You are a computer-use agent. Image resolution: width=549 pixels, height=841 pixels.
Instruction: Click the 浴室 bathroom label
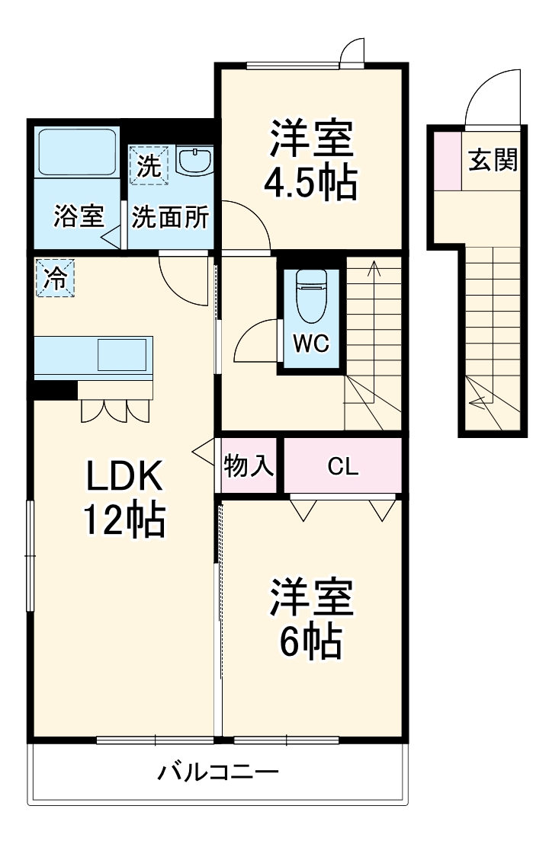pyautogui.click(x=78, y=217)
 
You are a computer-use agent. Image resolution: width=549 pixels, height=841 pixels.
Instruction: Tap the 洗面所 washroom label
pyautogui.click(x=171, y=217)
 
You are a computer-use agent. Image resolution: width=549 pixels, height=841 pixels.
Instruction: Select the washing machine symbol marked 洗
pyautogui.click(x=149, y=165)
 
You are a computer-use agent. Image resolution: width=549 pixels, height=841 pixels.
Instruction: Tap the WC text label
pyautogui.click(x=311, y=344)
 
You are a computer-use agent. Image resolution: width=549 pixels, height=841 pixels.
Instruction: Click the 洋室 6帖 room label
pyautogui.click(x=310, y=621)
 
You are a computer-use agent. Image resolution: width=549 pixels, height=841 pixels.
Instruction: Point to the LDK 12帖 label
pyautogui.click(x=124, y=499)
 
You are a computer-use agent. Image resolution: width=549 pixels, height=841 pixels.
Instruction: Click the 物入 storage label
pyautogui.click(x=249, y=466)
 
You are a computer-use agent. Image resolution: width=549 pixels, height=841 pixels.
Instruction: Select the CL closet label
pyautogui.click(x=343, y=466)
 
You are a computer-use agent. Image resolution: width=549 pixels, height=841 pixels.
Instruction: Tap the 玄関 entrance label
pyautogui.click(x=493, y=161)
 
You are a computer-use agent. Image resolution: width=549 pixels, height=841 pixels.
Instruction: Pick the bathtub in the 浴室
pyautogui.click(x=77, y=155)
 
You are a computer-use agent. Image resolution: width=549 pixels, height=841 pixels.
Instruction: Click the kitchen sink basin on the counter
pyautogui.click(x=121, y=355)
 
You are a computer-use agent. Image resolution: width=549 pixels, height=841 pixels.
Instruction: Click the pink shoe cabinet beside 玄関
pyautogui.click(x=449, y=161)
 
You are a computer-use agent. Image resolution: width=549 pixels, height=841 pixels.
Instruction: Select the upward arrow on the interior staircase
pyautogui.click(x=374, y=268)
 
